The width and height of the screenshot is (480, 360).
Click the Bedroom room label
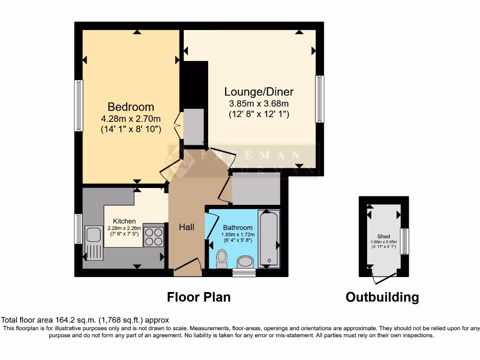131,106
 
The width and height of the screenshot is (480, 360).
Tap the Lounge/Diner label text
259,91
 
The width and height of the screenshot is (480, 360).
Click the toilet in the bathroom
222,258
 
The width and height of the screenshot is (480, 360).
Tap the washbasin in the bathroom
245,262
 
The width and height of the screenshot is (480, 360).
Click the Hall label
187,227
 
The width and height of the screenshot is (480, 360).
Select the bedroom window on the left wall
79,105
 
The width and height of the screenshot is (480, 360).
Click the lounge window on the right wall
320,99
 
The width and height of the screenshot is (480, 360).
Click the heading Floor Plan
199,297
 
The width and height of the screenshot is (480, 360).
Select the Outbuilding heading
382,297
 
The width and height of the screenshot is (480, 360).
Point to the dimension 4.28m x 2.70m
131,119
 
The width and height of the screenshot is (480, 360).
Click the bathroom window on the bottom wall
244,273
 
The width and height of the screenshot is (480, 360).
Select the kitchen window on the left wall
79,229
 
